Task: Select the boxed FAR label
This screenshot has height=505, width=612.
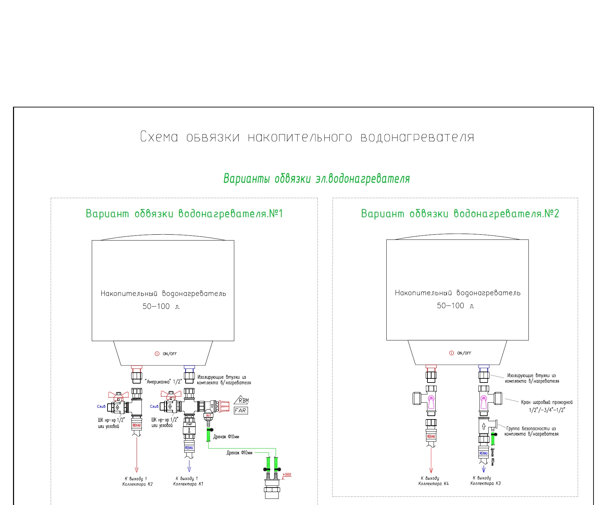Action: pyautogui.click(x=241, y=410)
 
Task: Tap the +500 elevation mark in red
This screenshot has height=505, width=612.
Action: pyautogui.click(x=287, y=475)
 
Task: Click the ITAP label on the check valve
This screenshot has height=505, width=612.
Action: pyautogui.click(x=189, y=424)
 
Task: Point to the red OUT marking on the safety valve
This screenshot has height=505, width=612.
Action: pyautogui.click(x=209, y=415)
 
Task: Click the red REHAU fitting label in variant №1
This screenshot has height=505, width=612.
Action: pyautogui.click(x=137, y=425)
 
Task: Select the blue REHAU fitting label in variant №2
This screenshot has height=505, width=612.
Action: pyautogui.click(x=484, y=453)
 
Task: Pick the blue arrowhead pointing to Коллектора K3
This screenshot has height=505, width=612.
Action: pyautogui.click(x=484, y=469)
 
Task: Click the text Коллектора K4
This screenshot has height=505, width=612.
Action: pyautogui.click(x=433, y=484)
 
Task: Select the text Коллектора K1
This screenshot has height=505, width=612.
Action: pyautogui.click(x=188, y=484)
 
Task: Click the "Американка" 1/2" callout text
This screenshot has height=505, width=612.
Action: pyautogui.click(x=163, y=381)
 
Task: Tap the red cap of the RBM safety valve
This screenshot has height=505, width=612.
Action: pyautogui.click(x=224, y=406)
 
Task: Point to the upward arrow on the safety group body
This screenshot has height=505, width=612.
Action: pyautogui.click(x=484, y=426)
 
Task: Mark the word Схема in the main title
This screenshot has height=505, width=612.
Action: pyautogui.click(x=159, y=137)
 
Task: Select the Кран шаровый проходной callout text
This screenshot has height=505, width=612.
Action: pyautogui.click(x=547, y=402)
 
